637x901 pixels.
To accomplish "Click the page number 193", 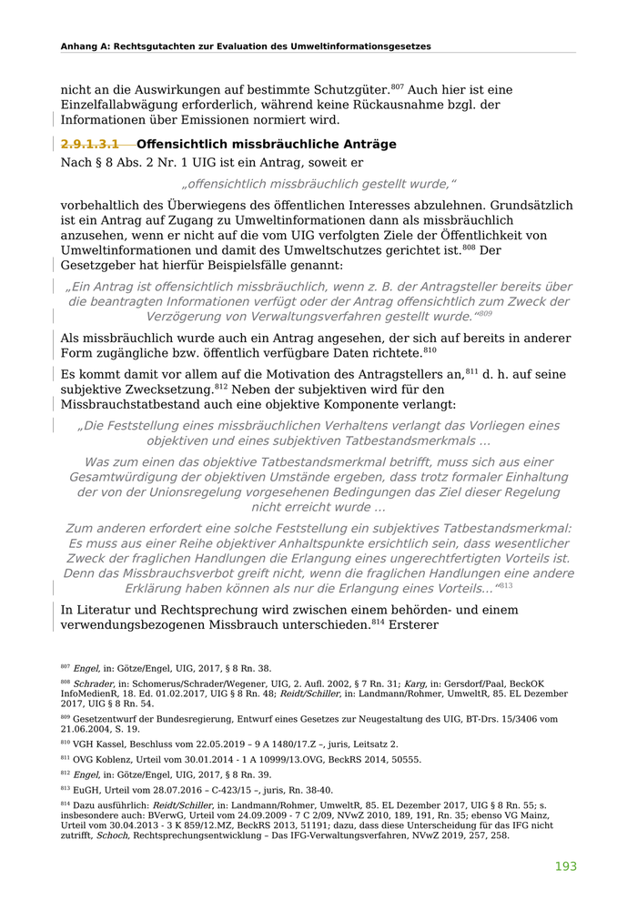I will (x=566, y=866).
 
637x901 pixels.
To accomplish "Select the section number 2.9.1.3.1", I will (x=90, y=145).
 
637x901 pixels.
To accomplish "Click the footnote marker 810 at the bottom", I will (x=66, y=743).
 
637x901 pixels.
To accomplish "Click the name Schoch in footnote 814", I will (x=112, y=835).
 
